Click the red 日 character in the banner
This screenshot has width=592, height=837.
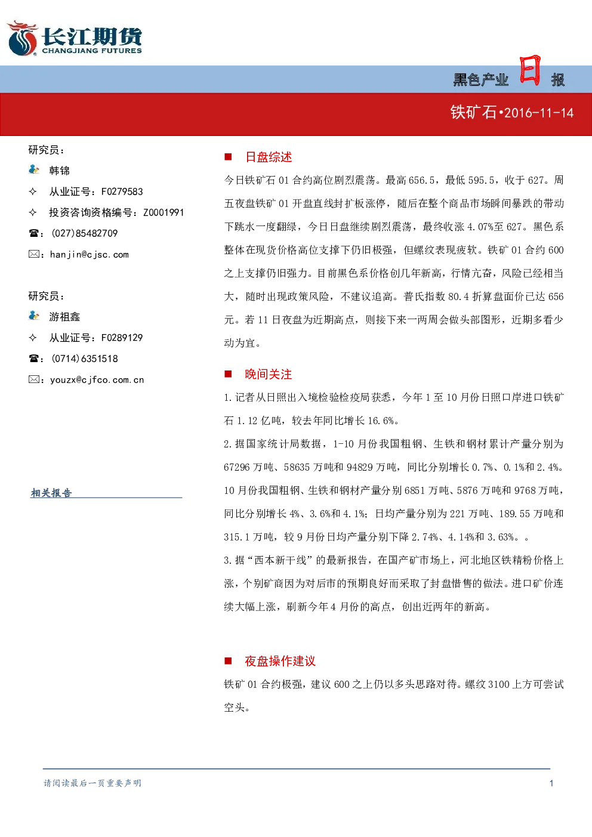[530, 70]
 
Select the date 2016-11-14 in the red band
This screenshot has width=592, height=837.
[539, 113]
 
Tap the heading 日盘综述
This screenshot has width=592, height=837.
[269, 157]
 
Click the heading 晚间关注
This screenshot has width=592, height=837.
[269, 374]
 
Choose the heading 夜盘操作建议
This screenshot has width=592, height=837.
[280, 661]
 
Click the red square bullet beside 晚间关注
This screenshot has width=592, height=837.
[228, 374]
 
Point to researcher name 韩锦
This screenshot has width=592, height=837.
[60, 171]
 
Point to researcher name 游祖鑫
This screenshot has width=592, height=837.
[64, 317]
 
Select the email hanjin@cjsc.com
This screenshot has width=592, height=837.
[90, 255]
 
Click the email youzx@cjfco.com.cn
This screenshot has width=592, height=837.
[97, 379]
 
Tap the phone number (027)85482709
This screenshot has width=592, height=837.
[85, 233]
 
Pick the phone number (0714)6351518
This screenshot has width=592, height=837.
[85, 359]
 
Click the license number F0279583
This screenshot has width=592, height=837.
[122, 192]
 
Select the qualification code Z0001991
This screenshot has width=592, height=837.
[164, 212]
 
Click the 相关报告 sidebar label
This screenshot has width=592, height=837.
[51, 493]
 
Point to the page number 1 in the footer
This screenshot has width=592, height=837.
[551, 783]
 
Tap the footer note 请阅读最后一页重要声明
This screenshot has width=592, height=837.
[92, 783]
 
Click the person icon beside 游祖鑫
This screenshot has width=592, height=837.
[33, 316]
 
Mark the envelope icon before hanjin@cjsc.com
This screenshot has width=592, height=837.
[33, 254]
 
